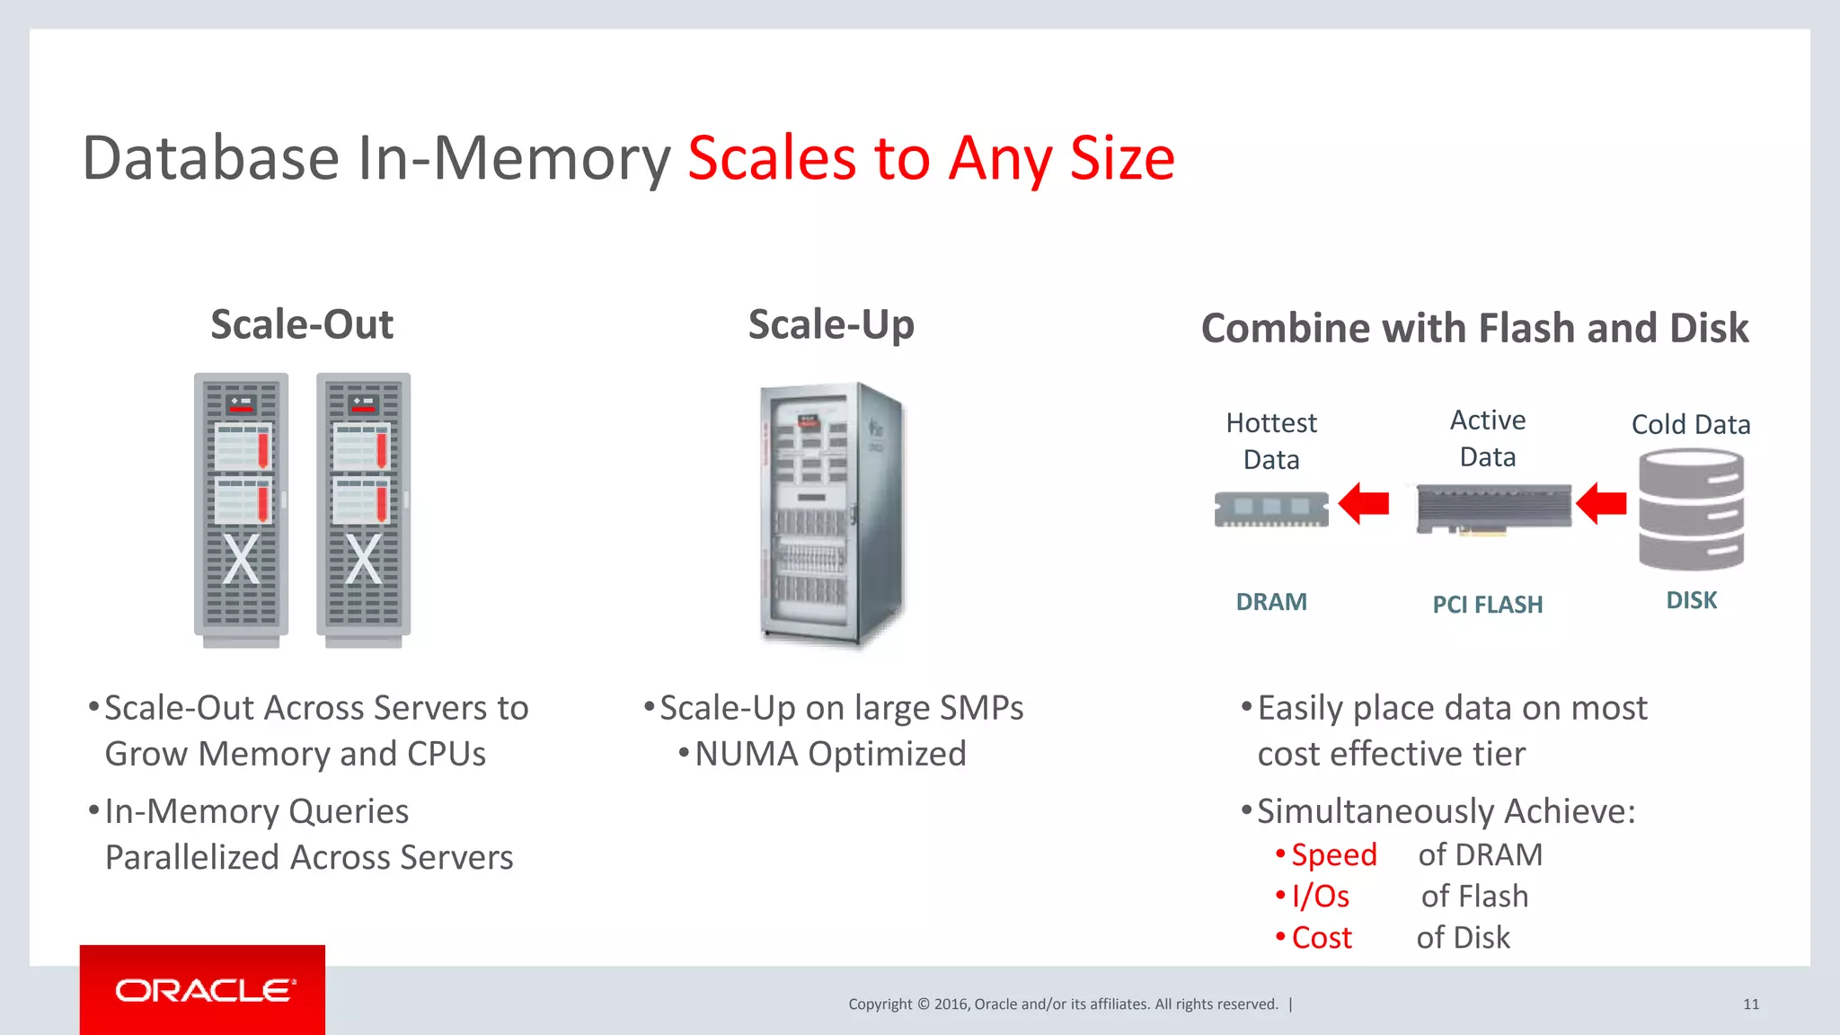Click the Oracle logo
click(x=203, y=990)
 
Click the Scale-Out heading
click(x=302, y=324)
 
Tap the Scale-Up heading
click(x=831, y=324)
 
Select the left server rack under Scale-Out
click(x=241, y=508)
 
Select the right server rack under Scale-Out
click(x=363, y=508)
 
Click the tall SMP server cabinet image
click(x=831, y=512)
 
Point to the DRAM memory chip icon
click(x=1271, y=509)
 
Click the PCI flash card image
click(x=1493, y=509)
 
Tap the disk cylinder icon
click(x=1691, y=509)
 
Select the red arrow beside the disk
click(x=1601, y=503)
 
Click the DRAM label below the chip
click(x=1271, y=602)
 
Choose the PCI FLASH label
click(x=1488, y=605)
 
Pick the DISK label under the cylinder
click(x=1691, y=600)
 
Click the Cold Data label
click(x=1691, y=424)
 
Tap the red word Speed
click(x=1333, y=854)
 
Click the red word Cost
click(x=1322, y=938)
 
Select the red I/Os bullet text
click(x=1320, y=896)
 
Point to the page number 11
click(x=1751, y=1004)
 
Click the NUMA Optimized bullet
click(x=830, y=754)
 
